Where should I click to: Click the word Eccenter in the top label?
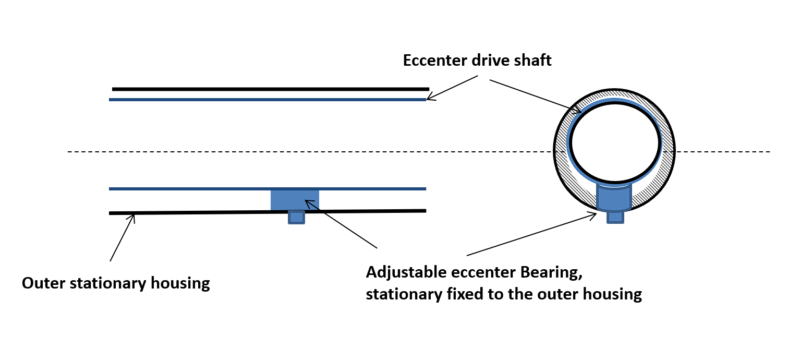435,60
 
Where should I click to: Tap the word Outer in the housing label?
41,284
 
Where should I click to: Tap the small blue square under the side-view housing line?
296,217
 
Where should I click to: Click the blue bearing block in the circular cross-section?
614,198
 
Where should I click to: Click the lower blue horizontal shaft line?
209,188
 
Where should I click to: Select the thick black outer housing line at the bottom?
209,212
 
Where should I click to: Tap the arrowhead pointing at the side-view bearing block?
309,203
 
